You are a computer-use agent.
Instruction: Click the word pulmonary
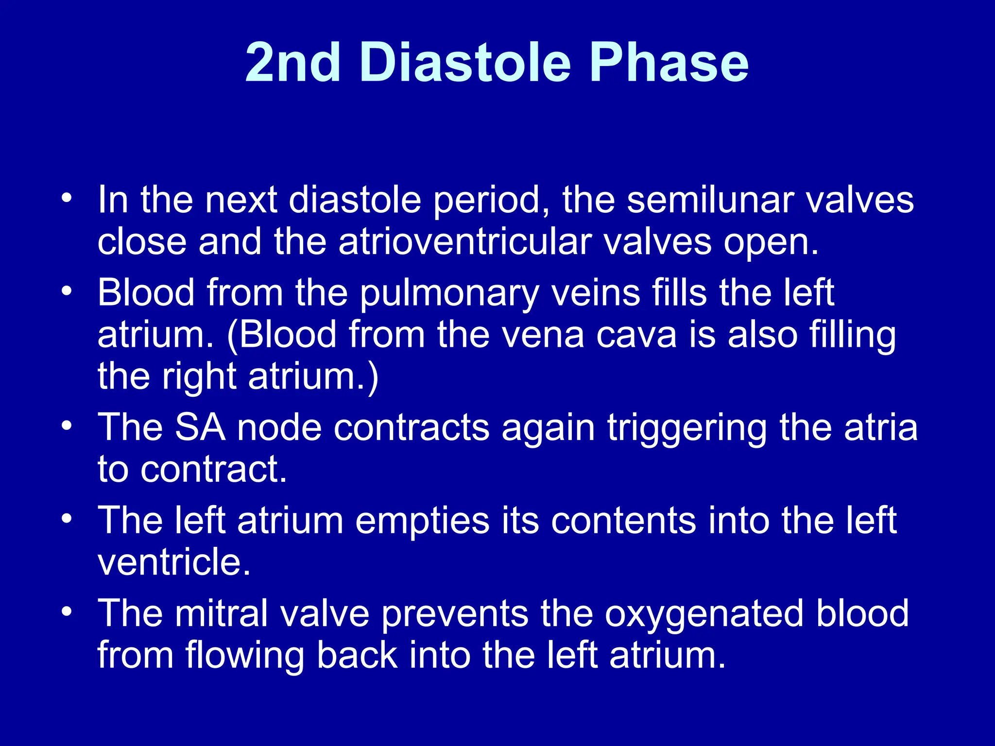point(450,294)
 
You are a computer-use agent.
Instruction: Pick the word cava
point(636,335)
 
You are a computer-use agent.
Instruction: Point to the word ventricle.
point(173,562)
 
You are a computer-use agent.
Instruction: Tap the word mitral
point(222,613)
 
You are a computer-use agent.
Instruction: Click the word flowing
point(245,656)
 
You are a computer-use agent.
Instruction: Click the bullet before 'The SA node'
point(67,426)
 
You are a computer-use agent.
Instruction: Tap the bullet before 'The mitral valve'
point(67,611)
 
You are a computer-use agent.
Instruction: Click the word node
point(279,428)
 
